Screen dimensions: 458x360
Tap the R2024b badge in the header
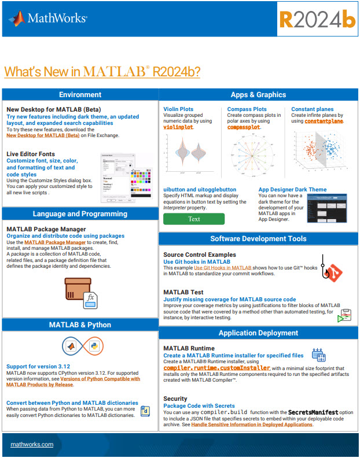317,19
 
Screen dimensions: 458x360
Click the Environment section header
80,95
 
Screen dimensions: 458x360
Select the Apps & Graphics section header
258,95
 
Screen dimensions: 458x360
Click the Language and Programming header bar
80,214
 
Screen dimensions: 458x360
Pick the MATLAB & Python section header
80,325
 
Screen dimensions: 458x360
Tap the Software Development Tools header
258,238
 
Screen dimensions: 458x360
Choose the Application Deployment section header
258,333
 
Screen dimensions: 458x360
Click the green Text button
194,219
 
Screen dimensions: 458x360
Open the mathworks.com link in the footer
32,444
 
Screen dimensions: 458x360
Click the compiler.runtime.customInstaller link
216,368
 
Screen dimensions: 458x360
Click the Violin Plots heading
178,109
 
